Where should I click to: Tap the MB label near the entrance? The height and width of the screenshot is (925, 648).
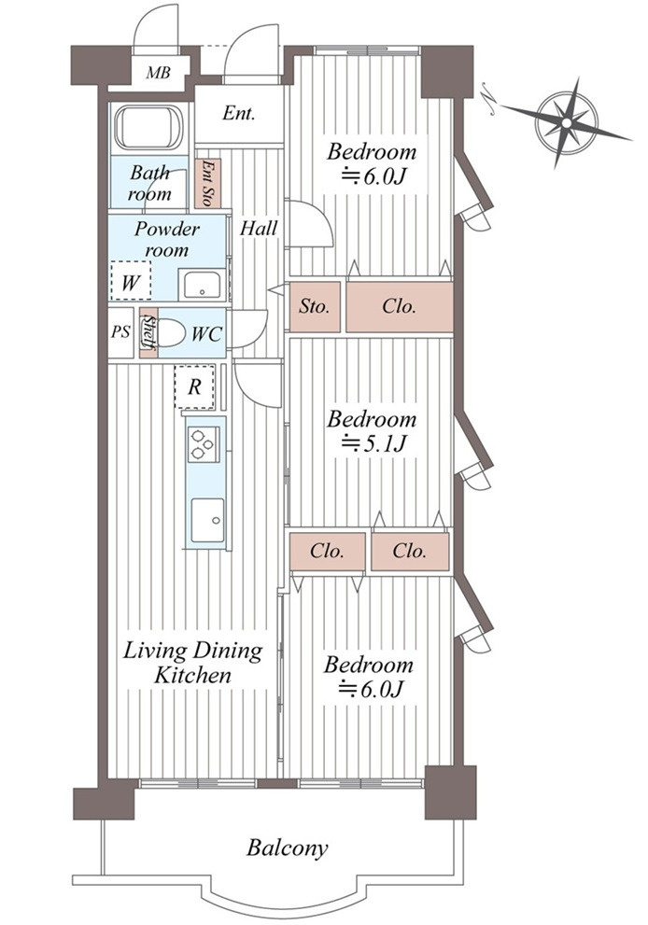click(x=158, y=73)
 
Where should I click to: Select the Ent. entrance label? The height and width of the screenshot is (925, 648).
click(x=239, y=114)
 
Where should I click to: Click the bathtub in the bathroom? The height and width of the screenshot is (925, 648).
click(x=148, y=128)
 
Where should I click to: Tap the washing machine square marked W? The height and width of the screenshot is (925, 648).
click(x=132, y=280)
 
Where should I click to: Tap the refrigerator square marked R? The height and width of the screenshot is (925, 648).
click(x=194, y=386)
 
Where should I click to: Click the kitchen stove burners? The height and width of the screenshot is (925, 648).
click(x=204, y=443)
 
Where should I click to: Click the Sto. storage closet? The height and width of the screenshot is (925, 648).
click(x=315, y=306)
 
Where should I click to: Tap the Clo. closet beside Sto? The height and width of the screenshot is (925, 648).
click(x=399, y=306)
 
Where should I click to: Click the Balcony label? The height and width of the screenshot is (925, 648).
click(x=288, y=848)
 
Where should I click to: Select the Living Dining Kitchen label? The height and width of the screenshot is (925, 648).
click(x=192, y=663)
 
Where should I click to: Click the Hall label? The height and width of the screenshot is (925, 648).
click(x=259, y=227)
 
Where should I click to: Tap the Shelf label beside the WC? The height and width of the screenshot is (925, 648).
click(x=148, y=333)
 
